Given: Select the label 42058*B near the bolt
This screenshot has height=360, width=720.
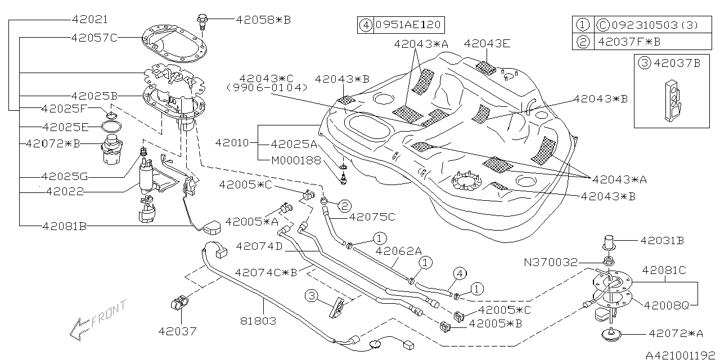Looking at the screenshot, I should click(263, 19).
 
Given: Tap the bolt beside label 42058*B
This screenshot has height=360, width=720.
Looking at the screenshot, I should click(202, 21).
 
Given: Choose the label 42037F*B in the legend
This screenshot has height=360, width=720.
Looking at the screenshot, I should click(629, 42).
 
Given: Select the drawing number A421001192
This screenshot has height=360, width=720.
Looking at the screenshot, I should click(681, 355).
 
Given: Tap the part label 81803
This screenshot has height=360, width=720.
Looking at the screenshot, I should click(257, 321).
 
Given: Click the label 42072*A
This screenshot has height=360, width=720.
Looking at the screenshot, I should click(676, 334).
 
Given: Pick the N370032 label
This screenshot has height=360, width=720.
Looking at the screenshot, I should click(550, 262).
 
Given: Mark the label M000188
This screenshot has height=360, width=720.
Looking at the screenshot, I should click(296, 160).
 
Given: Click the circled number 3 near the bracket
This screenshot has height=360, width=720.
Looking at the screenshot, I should click(313, 295).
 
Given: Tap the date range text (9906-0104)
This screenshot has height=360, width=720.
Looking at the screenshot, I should click(267, 88).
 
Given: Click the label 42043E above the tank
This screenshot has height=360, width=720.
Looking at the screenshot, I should click(487, 43).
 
